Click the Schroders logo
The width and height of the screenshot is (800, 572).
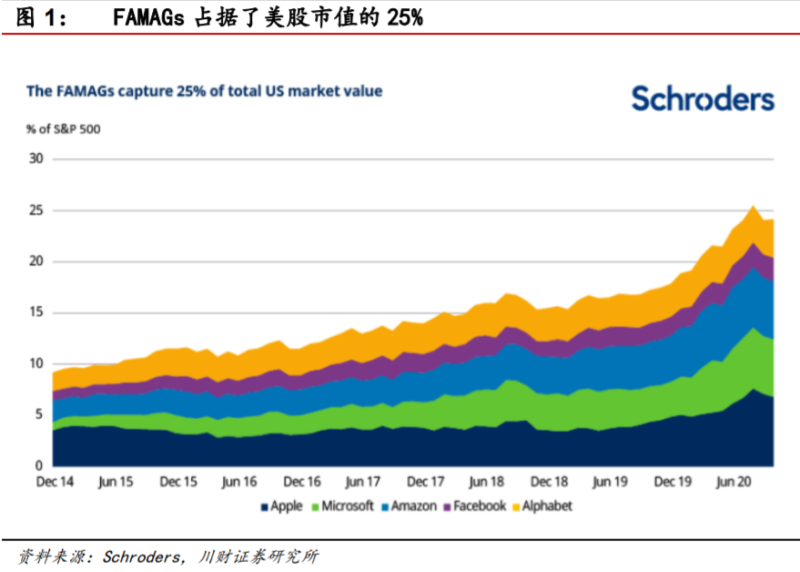(703, 99)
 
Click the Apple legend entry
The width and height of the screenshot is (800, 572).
(281, 506)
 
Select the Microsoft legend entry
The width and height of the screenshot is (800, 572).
(342, 506)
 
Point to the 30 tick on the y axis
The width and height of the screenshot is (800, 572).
(36, 159)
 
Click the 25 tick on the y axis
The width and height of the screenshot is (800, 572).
(36, 210)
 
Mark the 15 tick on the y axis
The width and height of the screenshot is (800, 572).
(36, 312)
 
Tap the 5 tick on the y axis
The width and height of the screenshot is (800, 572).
(39, 414)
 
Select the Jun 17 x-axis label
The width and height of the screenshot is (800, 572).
(362, 481)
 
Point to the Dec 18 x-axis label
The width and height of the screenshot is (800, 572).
(549, 481)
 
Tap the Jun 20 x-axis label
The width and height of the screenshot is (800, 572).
(734, 481)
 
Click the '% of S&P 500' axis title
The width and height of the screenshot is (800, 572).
(64, 128)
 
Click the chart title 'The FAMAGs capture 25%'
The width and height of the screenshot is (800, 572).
(204, 91)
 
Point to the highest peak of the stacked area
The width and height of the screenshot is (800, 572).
(753, 207)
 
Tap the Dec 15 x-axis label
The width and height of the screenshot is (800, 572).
(177, 481)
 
